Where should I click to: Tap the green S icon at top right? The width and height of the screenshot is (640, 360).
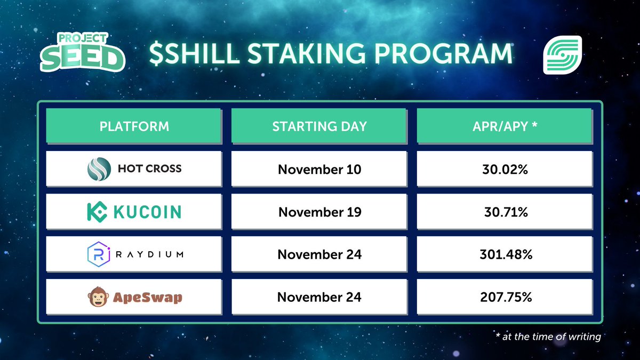[x=563, y=55]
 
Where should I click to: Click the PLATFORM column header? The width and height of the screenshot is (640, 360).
[x=134, y=126]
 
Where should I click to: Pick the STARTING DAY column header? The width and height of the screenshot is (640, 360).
[x=319, y=126]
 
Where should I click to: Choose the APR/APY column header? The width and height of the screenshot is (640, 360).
[x=505, y=126]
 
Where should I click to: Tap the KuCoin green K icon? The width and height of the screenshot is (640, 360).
[x=98, y=212]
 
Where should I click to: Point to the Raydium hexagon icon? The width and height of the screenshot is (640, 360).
[x=98, y=254]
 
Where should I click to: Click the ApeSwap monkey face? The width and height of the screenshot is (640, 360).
[x=98, y=297]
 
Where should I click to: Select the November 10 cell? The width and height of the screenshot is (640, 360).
[x=319, y=169]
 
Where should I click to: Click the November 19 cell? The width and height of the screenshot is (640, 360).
[x=319, y=212]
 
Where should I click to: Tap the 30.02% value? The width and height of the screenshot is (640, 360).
[x=505, y=169]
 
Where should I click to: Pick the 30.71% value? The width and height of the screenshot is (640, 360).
[x=505, y=212]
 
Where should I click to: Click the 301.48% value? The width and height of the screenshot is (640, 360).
[x=505, y=254]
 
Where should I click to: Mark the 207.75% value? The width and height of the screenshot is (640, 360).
[x=505, y=297]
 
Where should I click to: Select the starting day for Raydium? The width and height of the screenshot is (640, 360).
[x=319, y=254]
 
